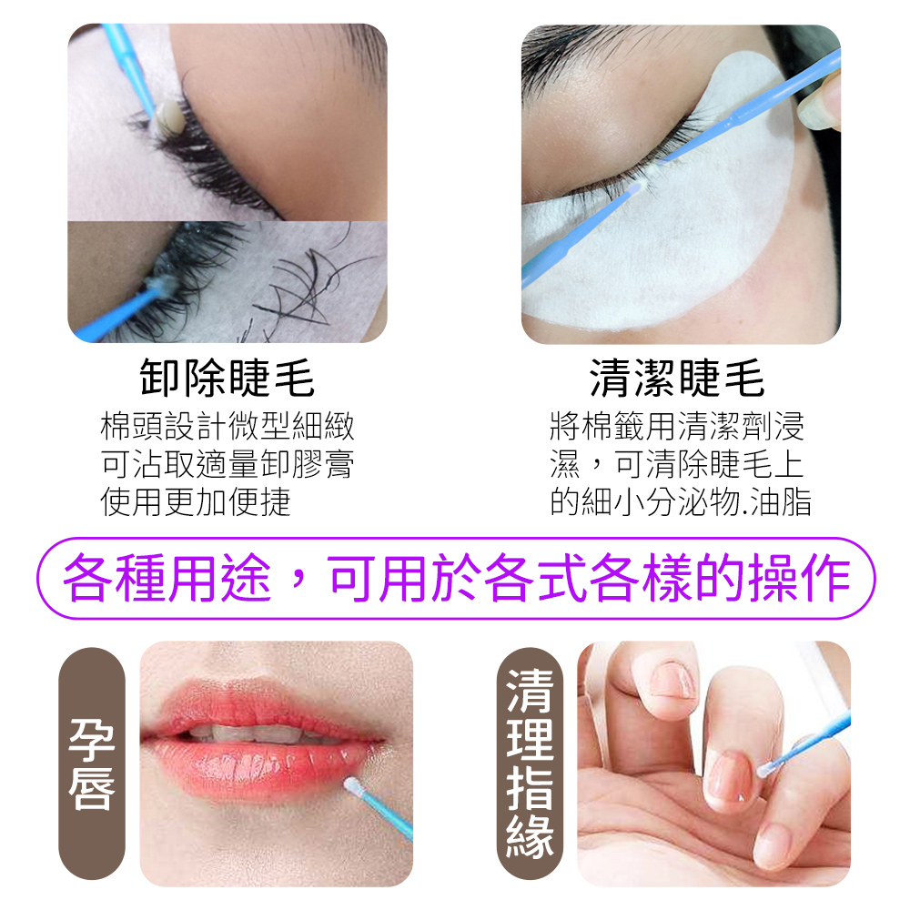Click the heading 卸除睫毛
coord(227,378)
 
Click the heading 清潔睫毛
coord(677,378)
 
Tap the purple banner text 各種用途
coord(167,578)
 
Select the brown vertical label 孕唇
coord(92,763)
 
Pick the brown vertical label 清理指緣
coord(530,763)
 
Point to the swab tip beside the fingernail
coord(767,769)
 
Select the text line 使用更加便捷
coord(196,502)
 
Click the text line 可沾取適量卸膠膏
coord(227,464)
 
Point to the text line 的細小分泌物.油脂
coord(680,502)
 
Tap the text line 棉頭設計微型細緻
coord(227,427)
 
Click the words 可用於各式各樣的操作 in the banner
coord(588,578)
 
